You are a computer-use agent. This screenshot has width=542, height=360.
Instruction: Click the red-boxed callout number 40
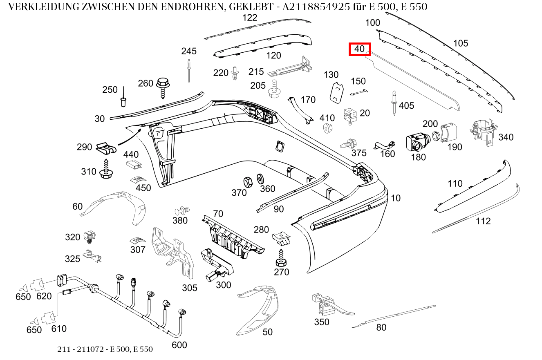[359, 49]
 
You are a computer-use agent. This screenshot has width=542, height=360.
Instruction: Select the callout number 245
[189, 51]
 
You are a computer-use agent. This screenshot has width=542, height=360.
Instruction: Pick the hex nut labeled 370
[247, 181]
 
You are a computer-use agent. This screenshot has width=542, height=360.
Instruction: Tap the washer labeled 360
[260, 179]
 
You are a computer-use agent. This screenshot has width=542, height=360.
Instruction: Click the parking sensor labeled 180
[416, 142]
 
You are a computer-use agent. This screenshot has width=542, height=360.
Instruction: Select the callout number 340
[506, 137]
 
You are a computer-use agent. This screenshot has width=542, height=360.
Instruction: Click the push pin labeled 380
[181, 211]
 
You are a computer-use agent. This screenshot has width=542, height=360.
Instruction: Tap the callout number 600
[179, 345]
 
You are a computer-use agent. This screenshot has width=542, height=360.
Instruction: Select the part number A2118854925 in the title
[316, 7]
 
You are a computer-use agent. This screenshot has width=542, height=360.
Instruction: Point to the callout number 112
[483, 221]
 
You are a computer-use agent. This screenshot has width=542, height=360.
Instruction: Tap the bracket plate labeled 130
[336, 92]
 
